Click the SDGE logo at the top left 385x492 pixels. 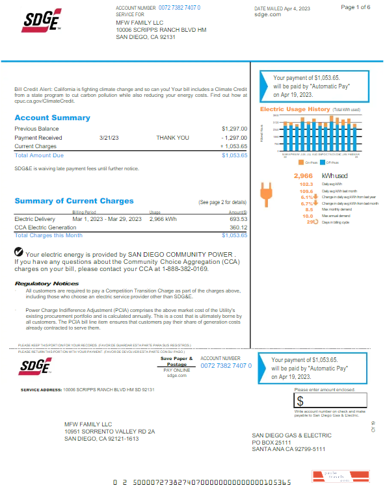(x=42, y=20)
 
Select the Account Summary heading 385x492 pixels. (x=52, y=118)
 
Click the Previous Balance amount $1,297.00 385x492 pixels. (x=234, y=129)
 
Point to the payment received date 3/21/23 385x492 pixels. (x=109, y=138)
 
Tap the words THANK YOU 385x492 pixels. (x=172, y=138)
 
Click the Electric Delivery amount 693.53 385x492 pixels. (x=239, y=219)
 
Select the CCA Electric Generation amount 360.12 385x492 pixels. (x=239, y=227)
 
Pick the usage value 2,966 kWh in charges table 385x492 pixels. (x=163, y=219)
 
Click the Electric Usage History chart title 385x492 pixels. (x=295, y=109)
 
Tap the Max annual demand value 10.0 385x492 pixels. (x=308, y=216)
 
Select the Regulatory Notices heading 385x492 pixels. (x=47, y=283)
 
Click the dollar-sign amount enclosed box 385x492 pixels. (x=330, y=400)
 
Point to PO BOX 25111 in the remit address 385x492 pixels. (x=273, y=442)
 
